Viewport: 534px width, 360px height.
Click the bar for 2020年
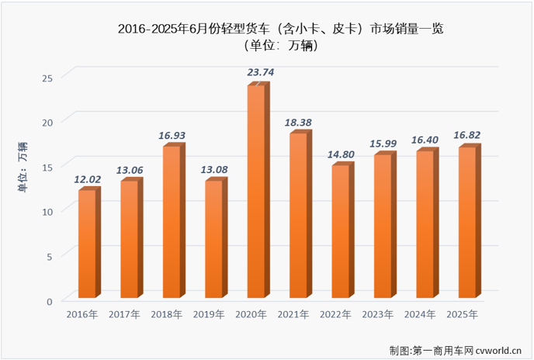coord(256,192)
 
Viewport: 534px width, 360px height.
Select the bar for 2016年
coord(87,244)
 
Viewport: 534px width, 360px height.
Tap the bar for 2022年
coord(341,232)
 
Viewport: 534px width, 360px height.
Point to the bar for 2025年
coord(467,223)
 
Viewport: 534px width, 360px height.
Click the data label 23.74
coord(260,72)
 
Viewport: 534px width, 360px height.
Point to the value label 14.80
coord(341,154)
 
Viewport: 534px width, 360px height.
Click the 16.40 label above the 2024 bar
coord(425,140)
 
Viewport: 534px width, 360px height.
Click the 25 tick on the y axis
coord(47,78)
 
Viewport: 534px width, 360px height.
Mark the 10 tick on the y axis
coord(47,211)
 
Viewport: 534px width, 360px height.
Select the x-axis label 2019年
coord(209,315)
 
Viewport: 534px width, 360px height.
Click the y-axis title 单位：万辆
coord(23,164)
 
